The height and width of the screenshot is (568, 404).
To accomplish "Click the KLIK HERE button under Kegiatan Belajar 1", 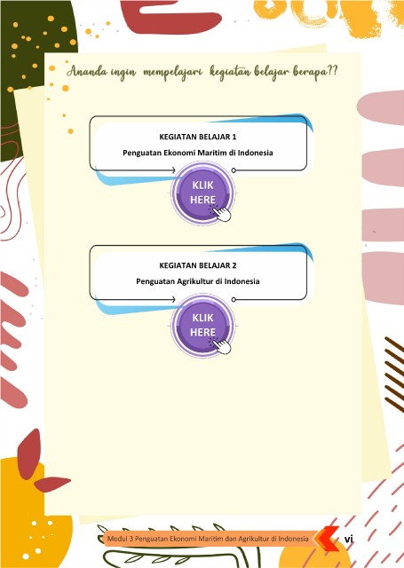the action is (203, 193).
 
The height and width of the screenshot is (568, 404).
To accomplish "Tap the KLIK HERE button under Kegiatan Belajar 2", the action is (203, 326).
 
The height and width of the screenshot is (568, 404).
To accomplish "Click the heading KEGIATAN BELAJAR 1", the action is (197, 137).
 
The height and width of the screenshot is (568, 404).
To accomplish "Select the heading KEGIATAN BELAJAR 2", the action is (197, 265).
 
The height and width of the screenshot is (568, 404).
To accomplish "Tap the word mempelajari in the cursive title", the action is (172, 73).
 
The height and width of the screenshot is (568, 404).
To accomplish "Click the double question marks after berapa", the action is (332, 70).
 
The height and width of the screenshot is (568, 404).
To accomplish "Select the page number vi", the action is (349, 539).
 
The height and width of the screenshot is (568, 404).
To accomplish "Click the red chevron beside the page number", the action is (327, 539).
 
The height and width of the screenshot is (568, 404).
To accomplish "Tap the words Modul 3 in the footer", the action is (120, 539).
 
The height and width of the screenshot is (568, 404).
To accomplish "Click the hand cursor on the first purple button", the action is (222, 213).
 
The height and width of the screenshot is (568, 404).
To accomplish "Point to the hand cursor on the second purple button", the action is (222, 346).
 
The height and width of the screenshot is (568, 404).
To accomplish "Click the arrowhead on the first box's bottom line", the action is (173, 170).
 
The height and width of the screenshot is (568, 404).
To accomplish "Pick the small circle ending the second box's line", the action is (234, 300).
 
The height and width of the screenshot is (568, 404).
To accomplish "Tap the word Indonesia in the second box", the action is (242, 281).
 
